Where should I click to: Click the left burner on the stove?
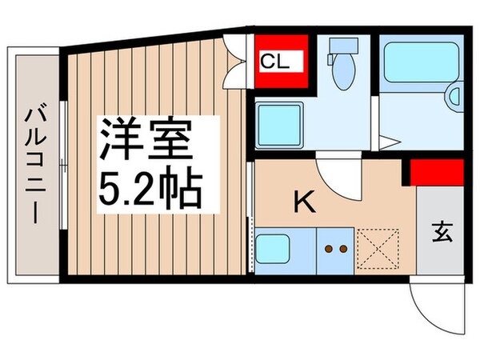[327, 249]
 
